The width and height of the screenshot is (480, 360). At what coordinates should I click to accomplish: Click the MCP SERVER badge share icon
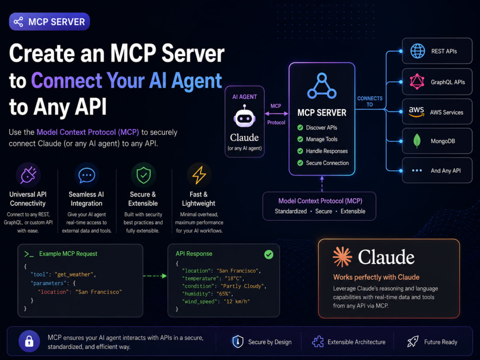[18, 22]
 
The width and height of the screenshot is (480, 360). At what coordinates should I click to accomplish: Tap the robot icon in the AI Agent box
[244, 116]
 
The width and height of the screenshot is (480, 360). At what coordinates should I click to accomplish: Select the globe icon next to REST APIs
[418, 51]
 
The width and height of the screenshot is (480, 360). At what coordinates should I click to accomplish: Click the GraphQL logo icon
[417, 82]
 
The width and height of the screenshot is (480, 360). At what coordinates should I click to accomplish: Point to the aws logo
[416, 112]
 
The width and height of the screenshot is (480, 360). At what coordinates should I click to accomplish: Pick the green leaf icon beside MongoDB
[417, 141]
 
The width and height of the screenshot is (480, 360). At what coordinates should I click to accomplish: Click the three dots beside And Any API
[417, 170]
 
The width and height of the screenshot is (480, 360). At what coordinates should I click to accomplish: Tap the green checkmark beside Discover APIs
[300, 128]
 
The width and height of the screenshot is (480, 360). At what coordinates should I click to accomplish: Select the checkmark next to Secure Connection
[300, 163]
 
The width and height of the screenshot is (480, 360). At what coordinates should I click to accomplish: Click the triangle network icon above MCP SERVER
[322, 86]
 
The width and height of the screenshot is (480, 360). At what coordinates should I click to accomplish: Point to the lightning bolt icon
[199, 175]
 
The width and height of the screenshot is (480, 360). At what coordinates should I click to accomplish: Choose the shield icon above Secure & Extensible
[144, 175]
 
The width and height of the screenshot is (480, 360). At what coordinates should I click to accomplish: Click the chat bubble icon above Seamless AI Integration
[86, 175]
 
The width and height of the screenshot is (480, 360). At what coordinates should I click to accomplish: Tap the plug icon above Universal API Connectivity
[28, 175]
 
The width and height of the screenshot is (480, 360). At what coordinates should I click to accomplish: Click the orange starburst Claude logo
[342, 256]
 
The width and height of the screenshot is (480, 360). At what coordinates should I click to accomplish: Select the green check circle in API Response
[269, 254]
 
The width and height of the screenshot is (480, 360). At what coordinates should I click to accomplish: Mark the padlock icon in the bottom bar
[29, 341]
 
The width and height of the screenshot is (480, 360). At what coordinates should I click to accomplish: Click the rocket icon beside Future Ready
[413, 341]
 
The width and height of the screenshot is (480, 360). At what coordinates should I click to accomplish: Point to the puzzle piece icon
[318, 342]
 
